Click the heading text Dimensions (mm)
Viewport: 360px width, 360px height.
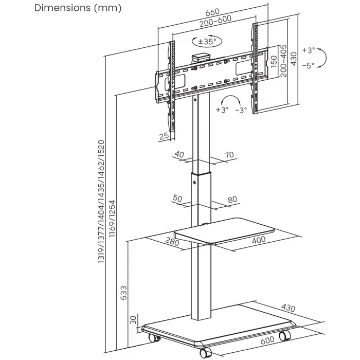pos(78,8)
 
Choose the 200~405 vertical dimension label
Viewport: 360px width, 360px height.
pos(284,61)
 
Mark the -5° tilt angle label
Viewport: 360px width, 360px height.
pos(308,65)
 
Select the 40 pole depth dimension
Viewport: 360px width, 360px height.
pos(179,155)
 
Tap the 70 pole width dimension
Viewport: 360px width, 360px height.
pos(229,155)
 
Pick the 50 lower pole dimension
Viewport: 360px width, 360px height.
pos(178,199)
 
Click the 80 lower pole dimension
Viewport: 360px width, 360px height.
pos(232,199)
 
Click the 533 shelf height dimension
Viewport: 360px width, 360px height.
pos(123,292)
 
